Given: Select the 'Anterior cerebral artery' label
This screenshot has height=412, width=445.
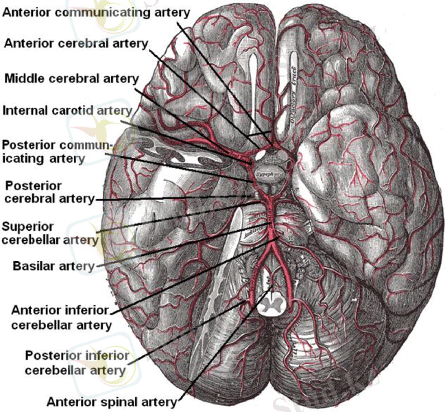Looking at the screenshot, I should tap(76, 43).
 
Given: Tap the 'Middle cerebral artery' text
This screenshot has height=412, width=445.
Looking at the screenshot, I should tap(71, 78).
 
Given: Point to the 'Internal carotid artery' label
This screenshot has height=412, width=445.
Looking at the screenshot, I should tap(67, 110).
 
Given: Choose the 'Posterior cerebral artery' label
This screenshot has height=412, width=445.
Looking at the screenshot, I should tap(49, 192).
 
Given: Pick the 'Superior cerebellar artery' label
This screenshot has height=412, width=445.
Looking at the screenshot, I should tap(51, 233).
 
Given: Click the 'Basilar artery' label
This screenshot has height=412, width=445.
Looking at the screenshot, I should tap(53, 266).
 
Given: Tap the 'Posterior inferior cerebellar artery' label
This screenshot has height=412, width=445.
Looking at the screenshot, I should tap(75, 363).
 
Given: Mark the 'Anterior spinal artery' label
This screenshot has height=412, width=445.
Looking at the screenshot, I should tap(112, 401).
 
